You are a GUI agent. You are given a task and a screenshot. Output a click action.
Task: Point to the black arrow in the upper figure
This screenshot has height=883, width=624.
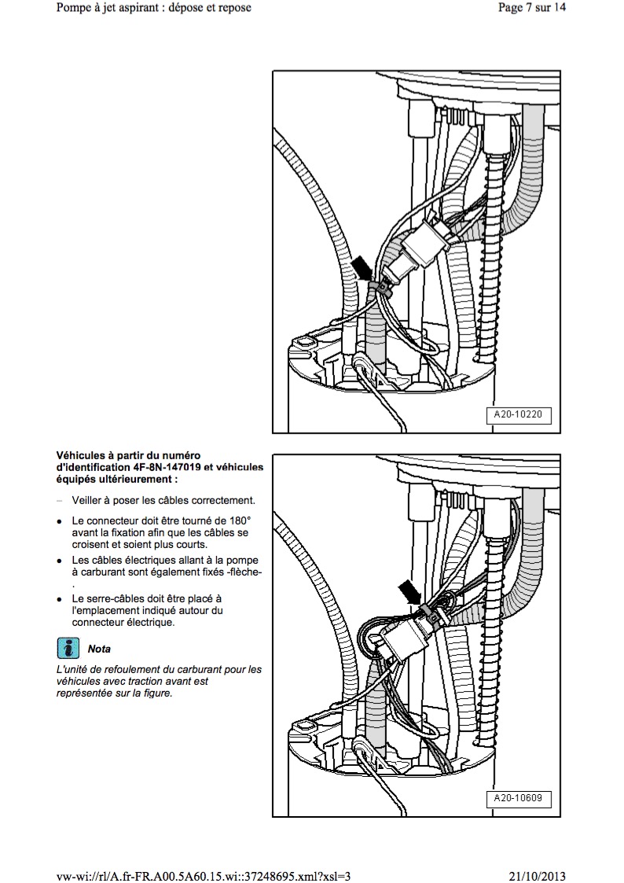point(362,268)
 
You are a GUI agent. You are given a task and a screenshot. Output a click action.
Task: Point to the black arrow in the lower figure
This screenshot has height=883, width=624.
point(409,592)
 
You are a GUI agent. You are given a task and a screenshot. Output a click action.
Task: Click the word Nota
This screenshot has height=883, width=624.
point(99,649)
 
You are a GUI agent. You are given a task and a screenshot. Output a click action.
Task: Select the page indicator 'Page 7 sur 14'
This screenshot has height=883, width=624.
point(532,8)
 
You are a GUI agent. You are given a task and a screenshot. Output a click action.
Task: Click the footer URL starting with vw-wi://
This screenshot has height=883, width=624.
point(204,876)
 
